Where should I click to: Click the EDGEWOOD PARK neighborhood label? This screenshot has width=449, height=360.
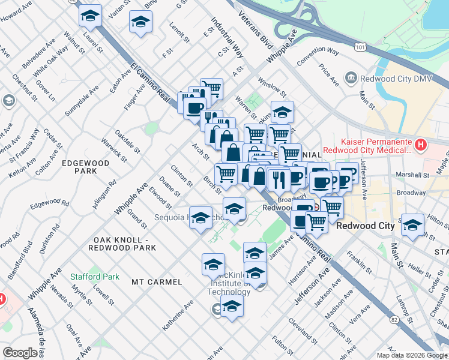pyautogui.click(x=85, y=167)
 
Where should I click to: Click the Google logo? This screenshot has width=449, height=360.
pyautogui.click(x=20, y=353)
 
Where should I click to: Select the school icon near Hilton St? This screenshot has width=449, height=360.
pyautogui.click(x=412, y=225)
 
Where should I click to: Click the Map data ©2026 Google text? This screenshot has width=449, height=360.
pyautogui.click(x=412, y=355)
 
